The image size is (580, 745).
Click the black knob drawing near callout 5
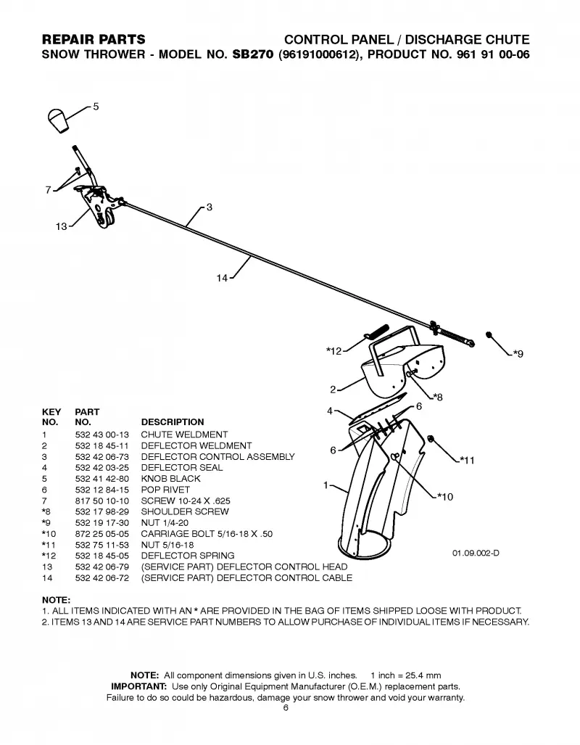coord(59,120)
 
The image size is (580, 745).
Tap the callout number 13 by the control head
coord(62,226)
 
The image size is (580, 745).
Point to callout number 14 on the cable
coord(222,279)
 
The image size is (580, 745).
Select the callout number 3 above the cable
coord(210,207)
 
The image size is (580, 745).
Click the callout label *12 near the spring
coord(334,351)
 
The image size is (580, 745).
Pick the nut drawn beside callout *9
coord(489,334)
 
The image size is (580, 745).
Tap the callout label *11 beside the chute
coord(467,460)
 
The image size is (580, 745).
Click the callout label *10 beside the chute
coord(446,496)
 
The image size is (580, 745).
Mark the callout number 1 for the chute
coord(326,485)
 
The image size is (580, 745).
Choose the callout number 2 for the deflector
coord(333,390)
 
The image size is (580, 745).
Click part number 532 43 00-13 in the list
coord(102,435)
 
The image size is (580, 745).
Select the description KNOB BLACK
coord(170,479)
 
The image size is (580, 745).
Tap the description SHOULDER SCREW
coord(185,511)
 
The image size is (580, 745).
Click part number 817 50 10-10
coord(102,501)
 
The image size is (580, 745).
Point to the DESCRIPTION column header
coord(173,422)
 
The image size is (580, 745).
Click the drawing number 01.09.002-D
coord(476,553)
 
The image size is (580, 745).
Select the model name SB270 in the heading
coord(253,54)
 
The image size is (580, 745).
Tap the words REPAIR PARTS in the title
coord(94,39)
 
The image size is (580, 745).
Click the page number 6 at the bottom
coord(286,708)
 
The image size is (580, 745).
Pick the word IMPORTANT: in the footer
coord(138,686)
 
